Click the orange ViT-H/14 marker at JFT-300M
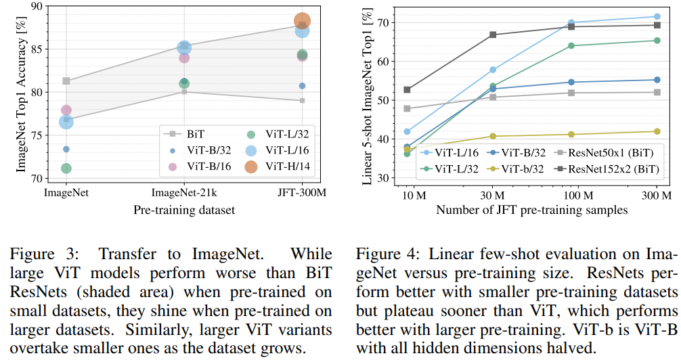tap(302, 22)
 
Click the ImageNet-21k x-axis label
tap(184, 194)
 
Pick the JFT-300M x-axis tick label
tap(302, 194)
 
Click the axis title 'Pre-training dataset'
tap(184, 210)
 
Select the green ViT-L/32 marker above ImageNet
tap(66, 168)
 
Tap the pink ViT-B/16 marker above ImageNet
tap(66, 110)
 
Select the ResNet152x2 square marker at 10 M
tap(407, 89)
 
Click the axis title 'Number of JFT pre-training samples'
tap(531, 210)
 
